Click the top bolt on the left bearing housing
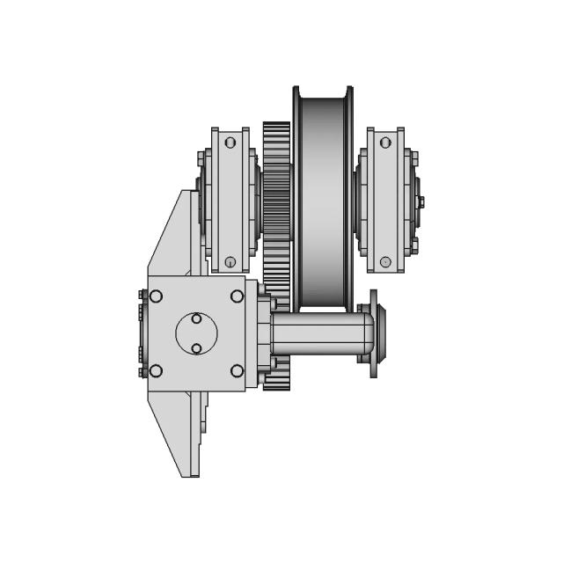(x=230, y=142)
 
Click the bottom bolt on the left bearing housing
(x=230, y=261)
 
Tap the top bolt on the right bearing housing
(x=385, y=142)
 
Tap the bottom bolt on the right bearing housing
(x=385, y=261)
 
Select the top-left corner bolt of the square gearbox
(x=157, y=296)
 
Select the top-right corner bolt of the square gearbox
(x=237, y=296)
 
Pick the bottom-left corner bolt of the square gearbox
(x=157, y=370)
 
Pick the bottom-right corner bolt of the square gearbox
(x=237, y=370)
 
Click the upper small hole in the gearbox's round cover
(x=196, y=318)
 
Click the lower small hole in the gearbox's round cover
(x=196, y=348)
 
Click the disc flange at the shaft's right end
(x=374, y=334)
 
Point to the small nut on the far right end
(x=420, y=202)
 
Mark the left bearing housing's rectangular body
(x=230, y=201)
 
